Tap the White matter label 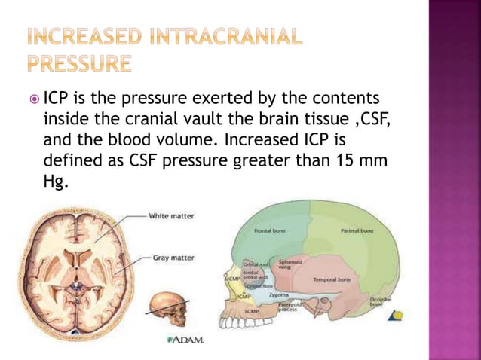(x=173, y=216)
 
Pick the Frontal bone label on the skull (x=269, y=230)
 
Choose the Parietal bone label (x=357, y=230)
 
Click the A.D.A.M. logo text (x=184, y=339)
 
